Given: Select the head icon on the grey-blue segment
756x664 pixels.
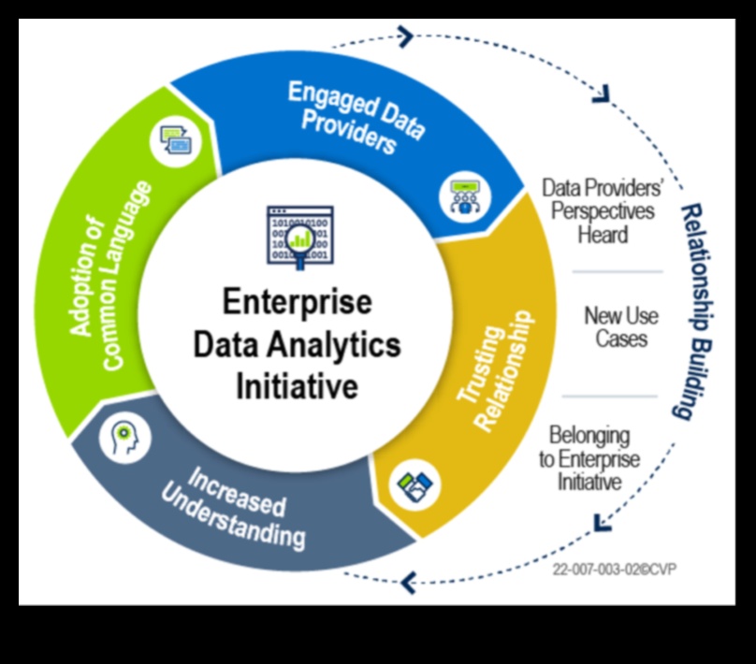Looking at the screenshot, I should (x=124, y=435).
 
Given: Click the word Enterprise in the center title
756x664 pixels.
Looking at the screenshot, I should (x=297, y=303).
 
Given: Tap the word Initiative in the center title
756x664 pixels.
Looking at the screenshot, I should (x=297, y=385).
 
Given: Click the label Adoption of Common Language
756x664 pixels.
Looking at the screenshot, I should (x=110, y=271).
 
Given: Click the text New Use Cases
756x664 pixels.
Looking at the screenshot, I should (x=616, y=326).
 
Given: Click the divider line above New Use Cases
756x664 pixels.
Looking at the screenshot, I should (x=617, y=272).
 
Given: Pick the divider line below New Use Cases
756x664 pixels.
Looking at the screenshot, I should (x=617, y=396).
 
